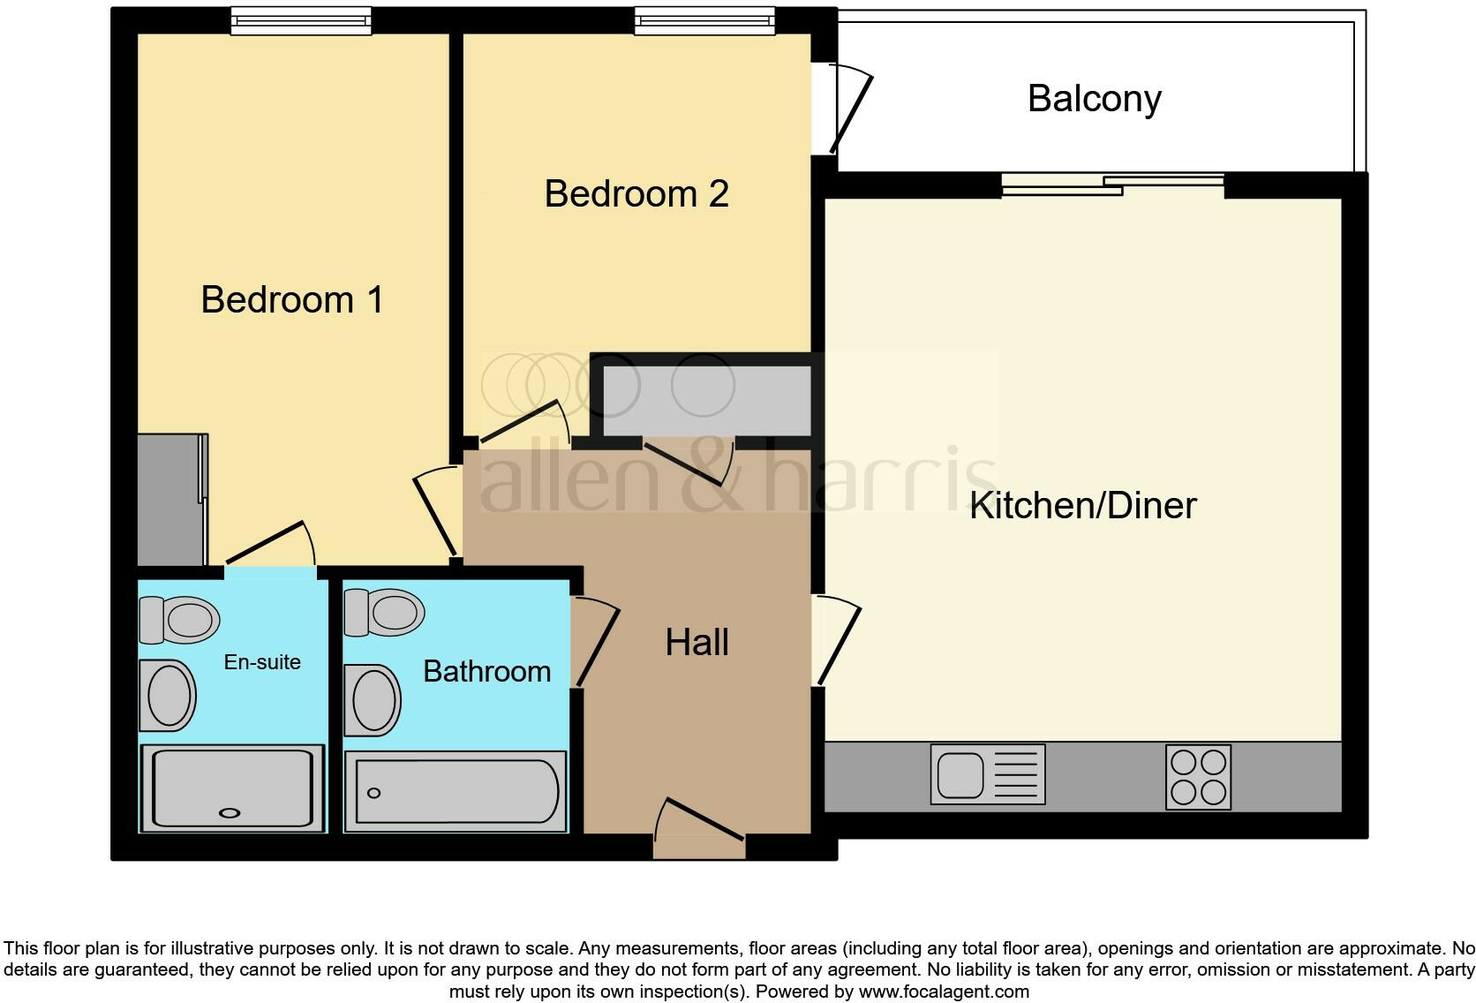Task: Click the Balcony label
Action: tap(1094, 98)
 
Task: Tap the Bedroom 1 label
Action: tap(292, 299)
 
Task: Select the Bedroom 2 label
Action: tap(636, 193)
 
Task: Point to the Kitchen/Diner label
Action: tap(1082, 505)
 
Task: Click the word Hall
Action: tap(697, 642)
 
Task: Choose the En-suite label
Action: tap(261, 662)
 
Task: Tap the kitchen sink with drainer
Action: tap(987, 774)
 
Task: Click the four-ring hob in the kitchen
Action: tap(1198, 778)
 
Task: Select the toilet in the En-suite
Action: tap(181, 619)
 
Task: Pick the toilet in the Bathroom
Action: tap(385, 612)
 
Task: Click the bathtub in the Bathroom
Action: tap(456, 791)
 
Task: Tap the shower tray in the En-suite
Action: tap(233, 788)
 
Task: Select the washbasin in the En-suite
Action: tap(169, 695)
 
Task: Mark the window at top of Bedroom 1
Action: tap(300, 20)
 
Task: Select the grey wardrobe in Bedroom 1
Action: tap(171, 500)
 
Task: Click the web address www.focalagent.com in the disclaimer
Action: tap(944, 992)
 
